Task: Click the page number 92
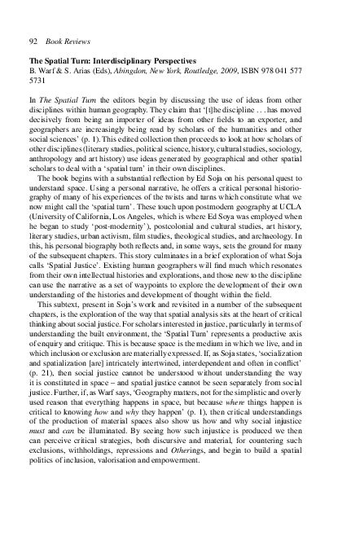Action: tap(33, 38)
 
